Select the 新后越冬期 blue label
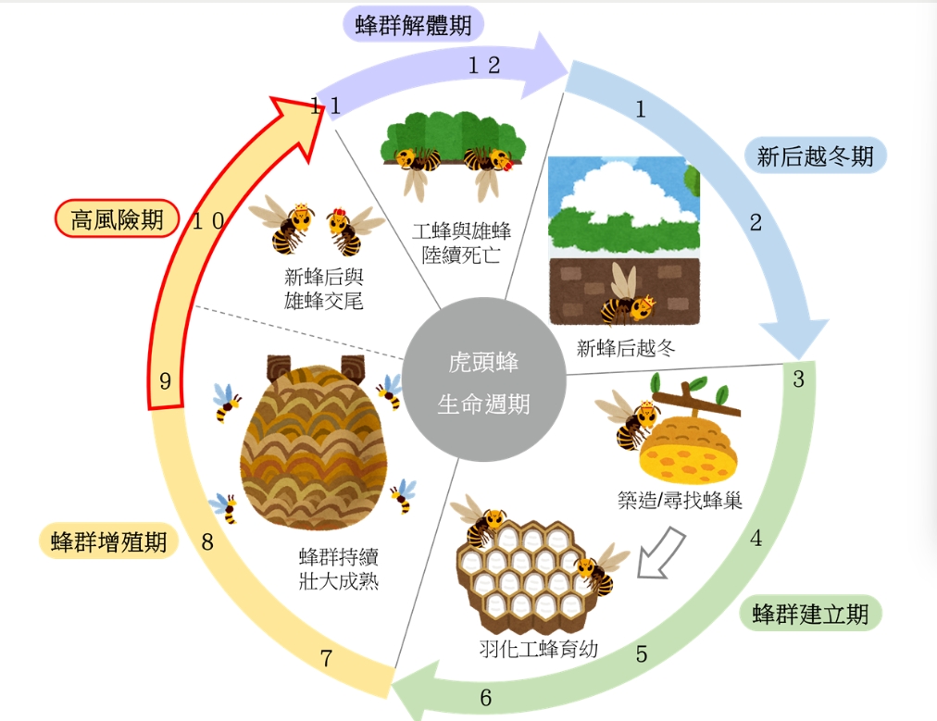(x=815, y=155)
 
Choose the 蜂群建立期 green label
(x=810, y=614)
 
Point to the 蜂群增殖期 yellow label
(x=108, y=541)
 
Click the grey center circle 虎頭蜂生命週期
(x=483, y=382)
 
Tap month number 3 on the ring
(x=798, y=379)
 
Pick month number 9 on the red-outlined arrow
(x=166, y=381)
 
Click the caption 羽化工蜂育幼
(x=539, y=649)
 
